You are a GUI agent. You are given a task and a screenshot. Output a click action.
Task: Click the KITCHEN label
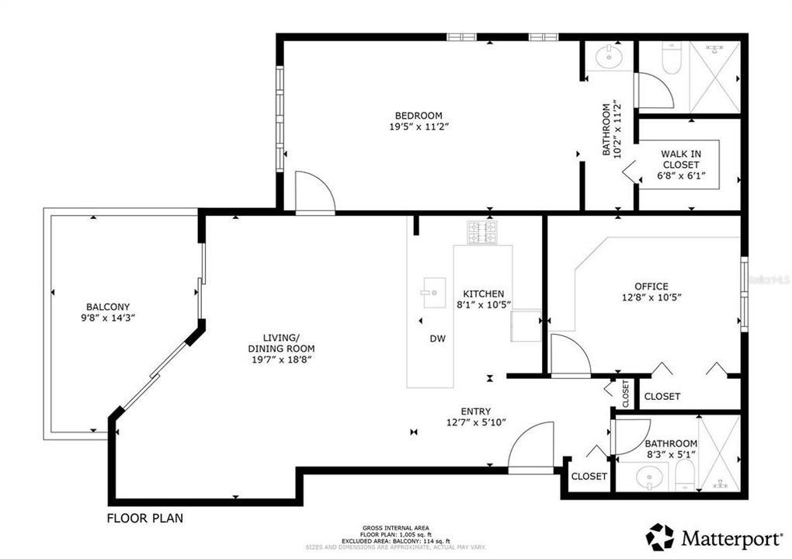(x=484, y=293)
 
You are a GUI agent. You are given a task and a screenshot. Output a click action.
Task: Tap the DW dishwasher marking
(x=437, y=339)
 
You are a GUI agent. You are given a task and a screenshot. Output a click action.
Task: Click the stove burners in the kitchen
(x=481, y=231)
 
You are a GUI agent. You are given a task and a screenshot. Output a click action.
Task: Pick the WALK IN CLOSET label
(x=680, y=159)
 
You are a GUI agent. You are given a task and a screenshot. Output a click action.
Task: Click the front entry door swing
(x=532, y=448)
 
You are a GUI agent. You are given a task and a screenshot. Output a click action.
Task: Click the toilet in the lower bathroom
(x=683, y=475)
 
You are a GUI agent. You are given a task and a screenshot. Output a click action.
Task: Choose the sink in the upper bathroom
(x=609, y=56)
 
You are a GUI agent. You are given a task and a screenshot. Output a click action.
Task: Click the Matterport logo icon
(x=659, y=536)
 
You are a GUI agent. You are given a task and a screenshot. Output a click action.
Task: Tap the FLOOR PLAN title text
(x=144, y=517)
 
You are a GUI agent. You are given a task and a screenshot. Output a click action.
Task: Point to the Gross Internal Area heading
(x=395, y=528)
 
